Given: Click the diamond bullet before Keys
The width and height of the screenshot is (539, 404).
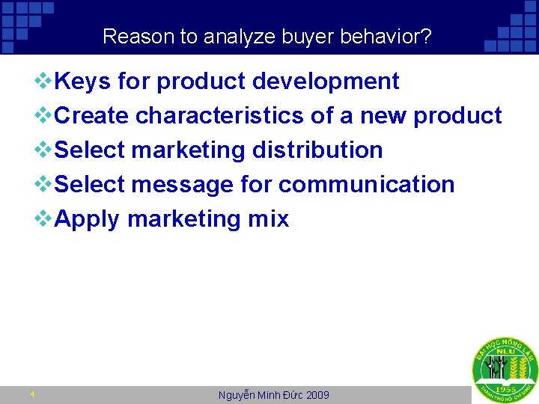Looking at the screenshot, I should coord(45,81).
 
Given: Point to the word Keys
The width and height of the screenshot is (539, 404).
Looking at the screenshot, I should coord(83,81).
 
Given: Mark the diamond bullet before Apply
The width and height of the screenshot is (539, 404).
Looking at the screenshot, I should coord(45,218).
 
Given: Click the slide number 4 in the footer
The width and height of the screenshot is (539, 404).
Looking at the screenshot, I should coord(32,394).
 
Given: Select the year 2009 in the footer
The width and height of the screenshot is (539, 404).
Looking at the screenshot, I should coord(317,395).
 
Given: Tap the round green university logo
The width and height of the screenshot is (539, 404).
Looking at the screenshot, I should coord(504,370).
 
